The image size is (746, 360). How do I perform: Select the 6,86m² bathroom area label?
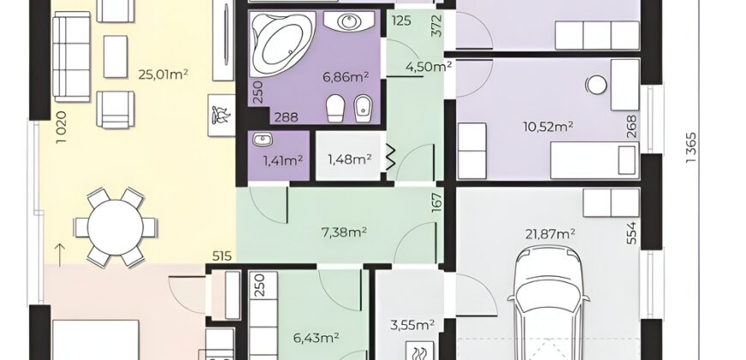click(x=346, y=75)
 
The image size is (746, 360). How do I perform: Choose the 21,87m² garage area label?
click(x=550, y=233)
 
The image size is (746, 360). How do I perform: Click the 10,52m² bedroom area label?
click(x=547, y=127)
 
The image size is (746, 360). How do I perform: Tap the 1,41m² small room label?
click(x=283, y=161)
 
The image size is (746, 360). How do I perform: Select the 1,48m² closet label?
click(x=349, y=159)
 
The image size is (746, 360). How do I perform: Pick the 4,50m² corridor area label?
click(x=428, y=66)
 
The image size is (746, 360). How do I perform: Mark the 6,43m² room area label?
click(x=316, y=338)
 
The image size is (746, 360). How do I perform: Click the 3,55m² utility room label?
click(x=412, y=325)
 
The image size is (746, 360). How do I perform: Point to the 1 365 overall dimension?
click(x=691, y=148)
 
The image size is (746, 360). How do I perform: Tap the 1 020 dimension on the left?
click(x=62, y=128)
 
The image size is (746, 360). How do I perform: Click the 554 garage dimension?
click(x=631, y=233)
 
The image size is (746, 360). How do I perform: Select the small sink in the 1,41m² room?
click(x=262, y=140)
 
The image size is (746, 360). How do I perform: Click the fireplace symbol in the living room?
click(x=222, y=116)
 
